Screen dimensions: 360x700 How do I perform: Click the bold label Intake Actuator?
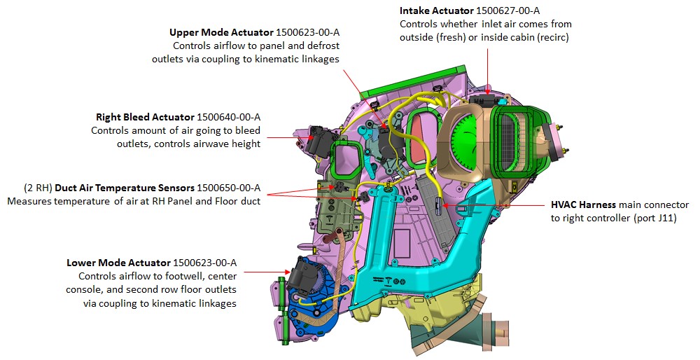[435, 11]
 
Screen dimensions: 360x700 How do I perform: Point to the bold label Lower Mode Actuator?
[118, 263]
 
